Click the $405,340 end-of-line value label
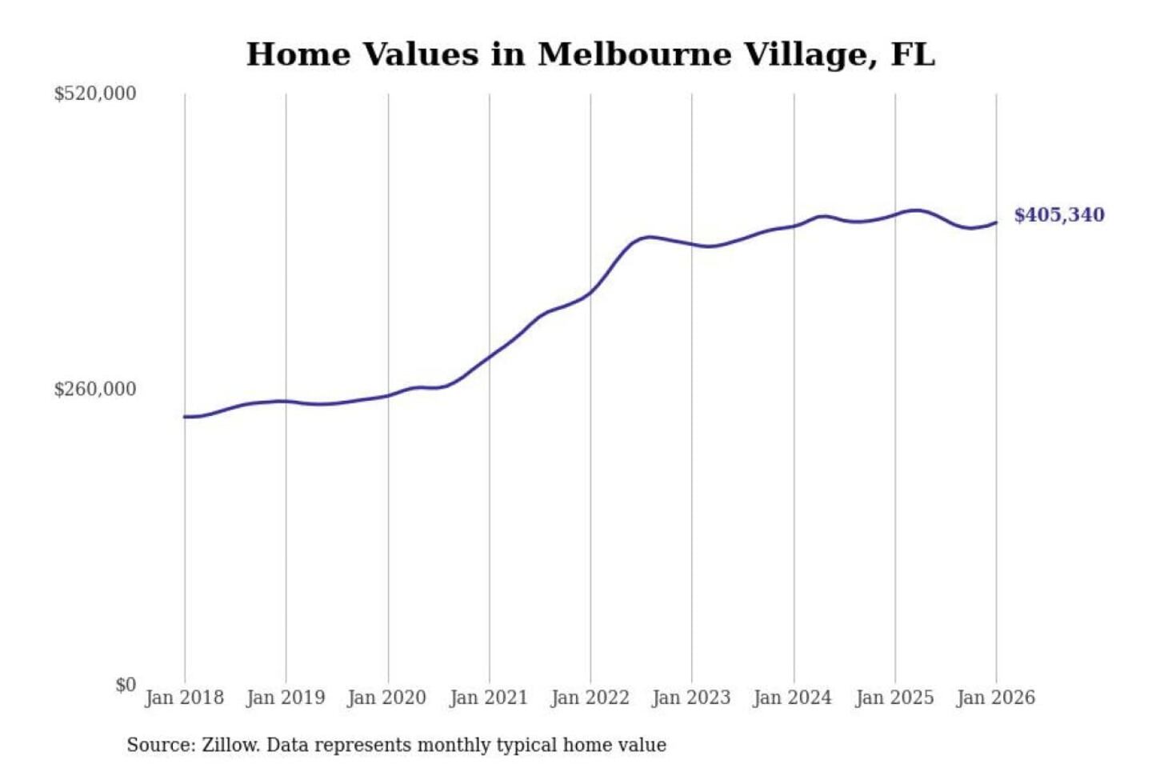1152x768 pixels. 1058,215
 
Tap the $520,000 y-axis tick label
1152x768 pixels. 94,94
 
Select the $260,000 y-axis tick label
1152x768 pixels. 94,390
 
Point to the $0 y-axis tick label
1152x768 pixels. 126,685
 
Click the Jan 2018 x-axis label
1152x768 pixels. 184,698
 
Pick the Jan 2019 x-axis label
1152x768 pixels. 286,698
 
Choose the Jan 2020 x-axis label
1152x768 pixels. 387,698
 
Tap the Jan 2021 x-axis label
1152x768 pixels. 489,698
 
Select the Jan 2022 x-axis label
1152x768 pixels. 590,698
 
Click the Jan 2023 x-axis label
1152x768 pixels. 691,698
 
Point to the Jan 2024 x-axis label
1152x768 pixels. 793,698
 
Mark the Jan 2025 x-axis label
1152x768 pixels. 894,698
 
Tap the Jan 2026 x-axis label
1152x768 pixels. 996,698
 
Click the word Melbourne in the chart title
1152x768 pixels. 635,54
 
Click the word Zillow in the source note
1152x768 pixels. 230,746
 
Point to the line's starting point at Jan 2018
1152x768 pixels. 185,417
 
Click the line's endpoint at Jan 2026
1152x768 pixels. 996,222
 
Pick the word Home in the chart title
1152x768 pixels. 298,54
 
